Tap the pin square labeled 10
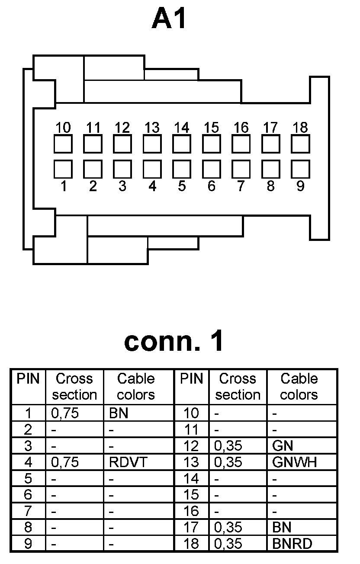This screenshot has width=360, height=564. (x=63, y=144)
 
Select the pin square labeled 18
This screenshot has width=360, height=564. (x=300, y=144)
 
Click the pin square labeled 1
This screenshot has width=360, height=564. (x=63, y=169)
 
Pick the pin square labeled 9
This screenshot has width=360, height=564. (x=300, y=169)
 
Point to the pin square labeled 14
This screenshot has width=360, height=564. (x=182, y=144)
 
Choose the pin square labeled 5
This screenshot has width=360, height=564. (x=182, y=169)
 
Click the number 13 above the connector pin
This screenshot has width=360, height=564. (x=152, y=128)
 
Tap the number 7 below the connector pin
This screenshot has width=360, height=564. (x=241, y=186)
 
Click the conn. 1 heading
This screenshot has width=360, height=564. (x=174, y=341)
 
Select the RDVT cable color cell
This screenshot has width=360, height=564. (x=129, y=462)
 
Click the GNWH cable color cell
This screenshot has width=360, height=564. (x=295, y=462)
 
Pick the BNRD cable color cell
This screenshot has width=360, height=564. (x=292, y=544)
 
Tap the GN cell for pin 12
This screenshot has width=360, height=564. (x=280, y=446)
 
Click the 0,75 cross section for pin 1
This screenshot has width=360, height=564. (x=65, y=413)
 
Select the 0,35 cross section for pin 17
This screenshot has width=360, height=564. (x=228, y=527)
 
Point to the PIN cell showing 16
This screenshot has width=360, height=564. (x=191, y=511)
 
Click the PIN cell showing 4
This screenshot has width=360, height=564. (x=28, y=462)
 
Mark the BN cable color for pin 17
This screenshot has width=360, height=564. (x=282, y=527)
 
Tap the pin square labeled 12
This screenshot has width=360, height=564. (x=122, y=144)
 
